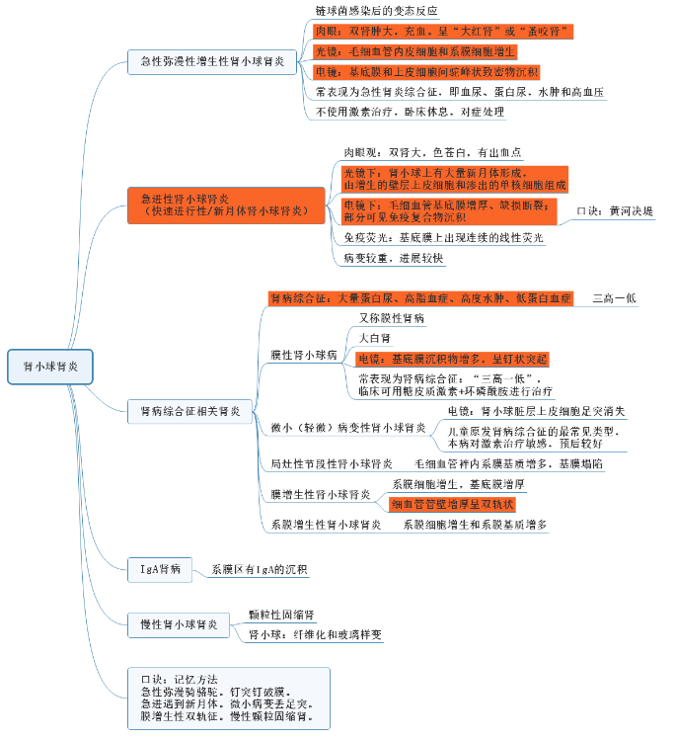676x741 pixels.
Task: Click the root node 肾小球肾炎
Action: [50, 367]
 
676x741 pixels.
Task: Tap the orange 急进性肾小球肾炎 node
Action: [226, 205]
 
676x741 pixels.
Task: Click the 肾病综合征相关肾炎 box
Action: [189, 410]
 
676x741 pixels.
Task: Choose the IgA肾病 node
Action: [160, 569]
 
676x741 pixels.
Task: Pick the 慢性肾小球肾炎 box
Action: [179, 623]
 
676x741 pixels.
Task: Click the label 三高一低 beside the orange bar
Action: [614, 297]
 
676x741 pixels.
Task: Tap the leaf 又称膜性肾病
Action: [392, 318]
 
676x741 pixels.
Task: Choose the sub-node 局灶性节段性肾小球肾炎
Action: [332, 463]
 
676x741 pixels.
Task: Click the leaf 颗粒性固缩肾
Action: [281, 615]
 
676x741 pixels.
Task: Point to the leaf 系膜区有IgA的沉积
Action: [260, 570]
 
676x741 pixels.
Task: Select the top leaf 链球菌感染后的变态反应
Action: [375, 12]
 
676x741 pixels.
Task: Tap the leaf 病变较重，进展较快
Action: [393, 258]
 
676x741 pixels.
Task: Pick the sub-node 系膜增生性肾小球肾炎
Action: [326, 525]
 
